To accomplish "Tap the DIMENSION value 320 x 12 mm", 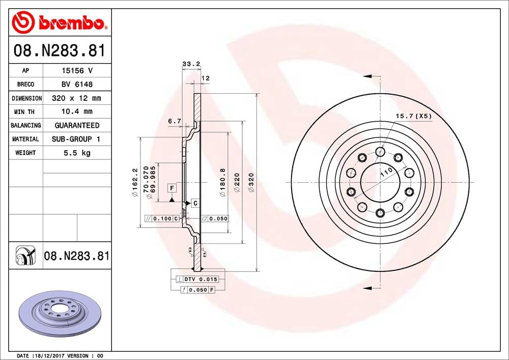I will (77, 98).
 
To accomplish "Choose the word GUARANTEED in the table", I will (77, 125).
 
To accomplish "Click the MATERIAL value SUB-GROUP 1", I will (77, 139).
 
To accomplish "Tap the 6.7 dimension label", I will (174, 121).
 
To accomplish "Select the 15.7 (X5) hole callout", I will (413, 116).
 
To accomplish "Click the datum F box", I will (173, 188).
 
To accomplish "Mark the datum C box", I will (195, 203).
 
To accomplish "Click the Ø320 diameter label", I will (251, 182).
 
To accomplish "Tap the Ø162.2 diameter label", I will (135, 182).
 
